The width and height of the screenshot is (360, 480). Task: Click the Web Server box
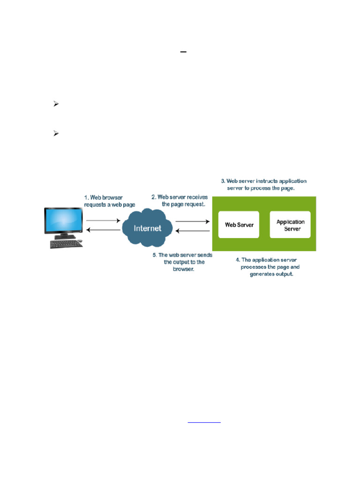coord(239,225)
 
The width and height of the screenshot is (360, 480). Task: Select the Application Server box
coord(290,225)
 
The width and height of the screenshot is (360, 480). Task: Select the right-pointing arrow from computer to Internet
coord(103,220)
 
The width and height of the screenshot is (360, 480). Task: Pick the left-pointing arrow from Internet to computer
coord(103,230)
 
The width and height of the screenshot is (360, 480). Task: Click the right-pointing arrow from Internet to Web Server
coord(192,220)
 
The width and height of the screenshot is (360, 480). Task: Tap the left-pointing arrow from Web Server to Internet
coord(192,230)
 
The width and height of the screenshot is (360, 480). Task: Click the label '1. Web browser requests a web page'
coord(109,201)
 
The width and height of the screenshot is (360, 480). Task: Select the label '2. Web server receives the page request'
coord(180,200)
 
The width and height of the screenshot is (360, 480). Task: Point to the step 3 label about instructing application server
coord(264,184)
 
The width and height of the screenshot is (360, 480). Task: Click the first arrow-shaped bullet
coord(55,105)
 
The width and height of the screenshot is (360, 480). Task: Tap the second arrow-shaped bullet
coord(55,134)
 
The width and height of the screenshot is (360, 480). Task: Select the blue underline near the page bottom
coord(204,423)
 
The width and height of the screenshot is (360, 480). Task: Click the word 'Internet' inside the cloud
coord(148,228)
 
